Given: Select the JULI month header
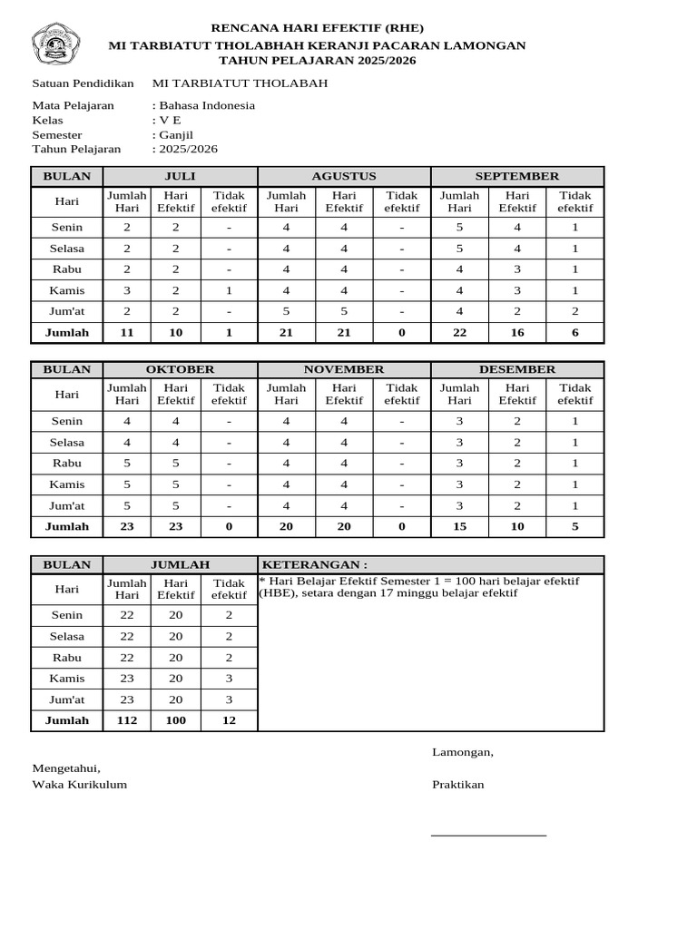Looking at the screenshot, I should [x=180, y=176].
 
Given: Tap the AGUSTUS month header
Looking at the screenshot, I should [x=344, y=176].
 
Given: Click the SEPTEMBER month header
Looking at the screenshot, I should [x=517, y=176].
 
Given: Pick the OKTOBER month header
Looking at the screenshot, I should [x=180, y=369].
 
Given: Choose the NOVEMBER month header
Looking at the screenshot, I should [x=344, y=369].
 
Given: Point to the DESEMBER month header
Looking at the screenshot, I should [x=517, y=369].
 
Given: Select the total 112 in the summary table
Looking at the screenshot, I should [x=127, y=720].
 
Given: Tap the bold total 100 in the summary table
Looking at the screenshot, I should [x=176, y=720].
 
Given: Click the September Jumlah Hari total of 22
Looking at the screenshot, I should [x=459, y=333].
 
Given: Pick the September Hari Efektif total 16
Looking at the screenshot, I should [x=517, y=333].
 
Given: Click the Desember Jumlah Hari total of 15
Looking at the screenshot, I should [x=459, y=526].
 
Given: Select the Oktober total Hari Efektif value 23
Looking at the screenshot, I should [x=176, y=526].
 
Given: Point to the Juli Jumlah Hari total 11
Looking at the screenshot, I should [x=127, y=333].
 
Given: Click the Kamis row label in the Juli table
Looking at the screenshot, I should [x=67, y=290].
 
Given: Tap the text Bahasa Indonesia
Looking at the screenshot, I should [x=207, y=105].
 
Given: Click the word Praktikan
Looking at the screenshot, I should [x=457, y=785].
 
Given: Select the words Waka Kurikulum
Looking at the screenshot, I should [x=80, y=785].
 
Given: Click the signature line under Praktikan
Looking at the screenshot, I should [x=488, y=834].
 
